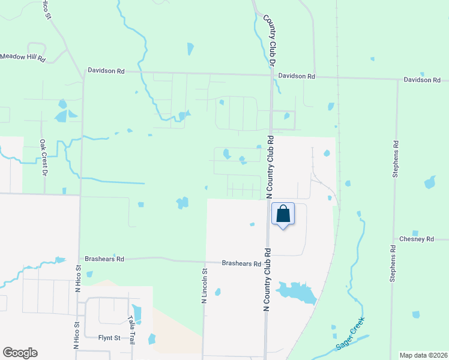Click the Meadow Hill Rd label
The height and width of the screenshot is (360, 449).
(x=23, y=58)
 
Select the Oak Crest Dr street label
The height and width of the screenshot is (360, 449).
(x=43, y=158)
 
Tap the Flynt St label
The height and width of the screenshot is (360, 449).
(x=109, y=338)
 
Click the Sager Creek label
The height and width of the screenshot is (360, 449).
(x=350, y=335)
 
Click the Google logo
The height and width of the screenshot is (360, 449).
(x=20, y=353)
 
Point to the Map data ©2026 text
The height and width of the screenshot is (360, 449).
(x=423, y=355)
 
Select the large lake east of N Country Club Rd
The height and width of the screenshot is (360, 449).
(x=295, y=292)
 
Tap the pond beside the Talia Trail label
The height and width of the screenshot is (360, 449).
(x=138, y=313)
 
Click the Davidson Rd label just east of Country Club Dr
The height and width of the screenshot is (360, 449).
(x=297, y=77)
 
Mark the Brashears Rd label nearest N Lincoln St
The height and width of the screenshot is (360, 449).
(x=241, y=263)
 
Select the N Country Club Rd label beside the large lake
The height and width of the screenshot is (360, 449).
(x=267, y=279)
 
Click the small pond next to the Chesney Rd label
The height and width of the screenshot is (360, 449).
(x=415, y=233)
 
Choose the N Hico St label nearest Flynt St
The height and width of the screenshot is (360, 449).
(x=77, y=335)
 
